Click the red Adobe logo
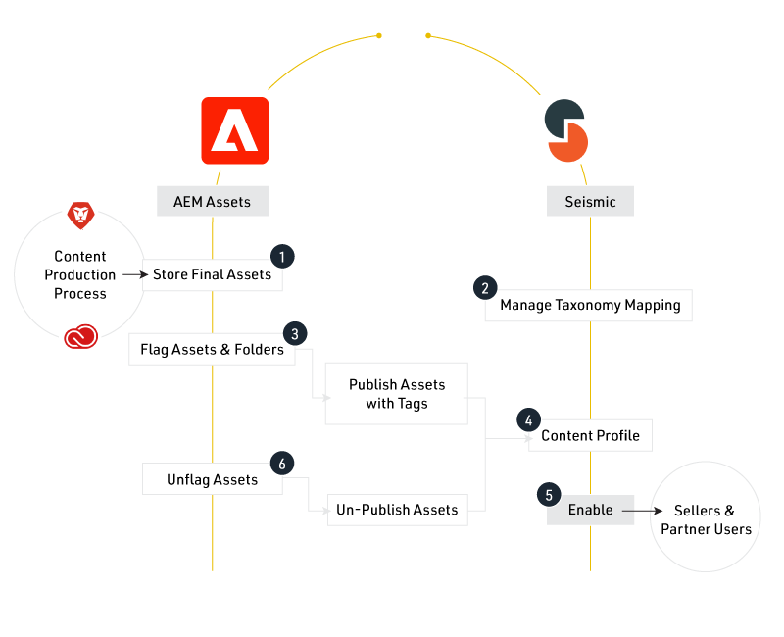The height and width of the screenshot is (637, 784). [235, 130]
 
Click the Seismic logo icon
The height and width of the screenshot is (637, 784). [566, 130]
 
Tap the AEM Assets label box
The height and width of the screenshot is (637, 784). [213, 201]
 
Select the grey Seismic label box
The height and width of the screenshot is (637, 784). [590, 201]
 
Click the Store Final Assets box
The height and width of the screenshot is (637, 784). [213, 274]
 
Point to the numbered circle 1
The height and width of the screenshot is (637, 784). [282, 257]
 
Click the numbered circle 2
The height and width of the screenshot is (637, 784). [485, 287]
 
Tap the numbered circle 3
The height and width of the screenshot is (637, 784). [295, 333]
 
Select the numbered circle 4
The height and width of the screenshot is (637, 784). [528, 420]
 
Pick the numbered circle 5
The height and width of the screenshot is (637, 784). [549, 495]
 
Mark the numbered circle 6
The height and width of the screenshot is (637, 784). [282, 464]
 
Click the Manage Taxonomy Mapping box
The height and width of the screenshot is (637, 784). [589, 305]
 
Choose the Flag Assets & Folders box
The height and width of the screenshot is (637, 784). [212, 349]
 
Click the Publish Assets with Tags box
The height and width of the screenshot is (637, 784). [397, 394]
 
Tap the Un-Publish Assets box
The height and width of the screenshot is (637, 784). [398, 510]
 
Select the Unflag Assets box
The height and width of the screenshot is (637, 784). [213, 479]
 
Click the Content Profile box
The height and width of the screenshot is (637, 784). [591, 435]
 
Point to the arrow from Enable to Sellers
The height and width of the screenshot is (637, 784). [642, 511]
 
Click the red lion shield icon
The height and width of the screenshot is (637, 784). [81, 216]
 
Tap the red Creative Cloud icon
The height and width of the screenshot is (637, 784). [81, 336]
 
